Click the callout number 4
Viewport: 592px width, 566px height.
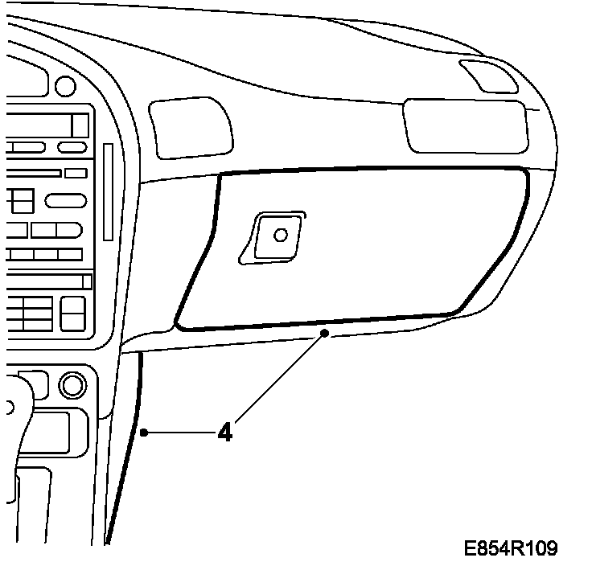click(x=225, y=433)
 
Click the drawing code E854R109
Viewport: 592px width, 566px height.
click(x=511, y=548)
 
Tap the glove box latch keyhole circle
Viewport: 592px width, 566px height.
click(x=280, y=235)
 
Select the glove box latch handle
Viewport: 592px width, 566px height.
click(x=273, y=238)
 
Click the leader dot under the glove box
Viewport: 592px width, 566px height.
click(x=324, y=331)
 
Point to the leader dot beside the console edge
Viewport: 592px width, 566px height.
click(x=143, y=433)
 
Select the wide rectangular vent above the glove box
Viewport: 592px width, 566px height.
click(x=466, y=125)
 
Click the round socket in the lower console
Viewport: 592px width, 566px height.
click(x=72, y=385)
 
